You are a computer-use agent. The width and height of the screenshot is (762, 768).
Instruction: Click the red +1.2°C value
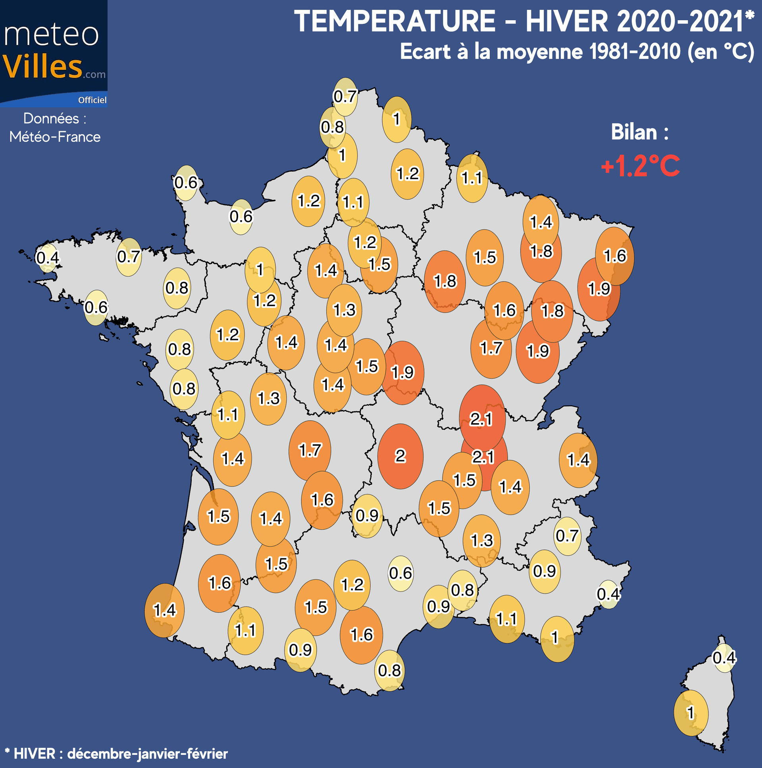point(640,166)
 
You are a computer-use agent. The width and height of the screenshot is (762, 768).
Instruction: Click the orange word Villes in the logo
point(42,66)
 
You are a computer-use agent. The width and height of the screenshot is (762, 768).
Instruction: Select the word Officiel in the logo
point(92,100)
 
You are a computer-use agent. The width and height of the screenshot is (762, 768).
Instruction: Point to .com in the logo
point(94,74)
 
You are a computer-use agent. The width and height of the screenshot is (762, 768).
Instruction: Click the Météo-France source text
point(55,137)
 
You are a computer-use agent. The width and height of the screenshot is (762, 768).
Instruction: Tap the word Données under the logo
point(51,119)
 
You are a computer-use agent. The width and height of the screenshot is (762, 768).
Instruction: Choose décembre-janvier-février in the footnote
point(147,754)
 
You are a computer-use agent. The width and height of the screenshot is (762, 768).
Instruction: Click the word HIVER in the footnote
point(34,754)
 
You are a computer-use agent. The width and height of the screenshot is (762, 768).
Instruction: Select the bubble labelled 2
point(400,456)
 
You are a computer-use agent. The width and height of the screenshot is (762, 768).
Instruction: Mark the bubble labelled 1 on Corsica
point(691,713)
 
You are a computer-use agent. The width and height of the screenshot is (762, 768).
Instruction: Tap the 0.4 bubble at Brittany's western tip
point(47,258)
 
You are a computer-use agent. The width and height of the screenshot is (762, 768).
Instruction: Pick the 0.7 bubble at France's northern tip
point(345,97)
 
